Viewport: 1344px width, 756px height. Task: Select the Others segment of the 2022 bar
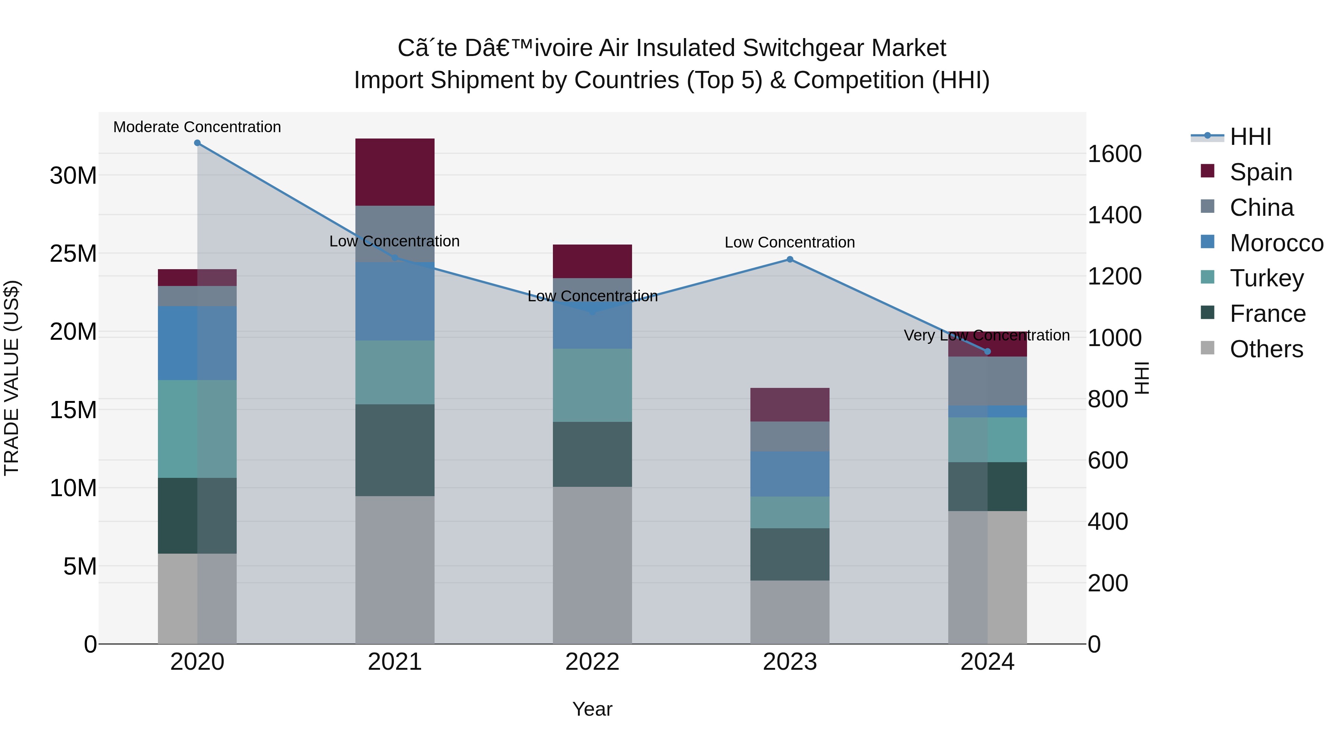coord(592,565)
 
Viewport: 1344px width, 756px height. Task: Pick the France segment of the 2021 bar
coord(395,450)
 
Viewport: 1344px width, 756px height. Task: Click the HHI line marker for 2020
coord(197,143)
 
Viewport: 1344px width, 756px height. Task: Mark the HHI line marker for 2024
coord(987,352)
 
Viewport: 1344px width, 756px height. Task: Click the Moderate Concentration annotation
coord(197,127)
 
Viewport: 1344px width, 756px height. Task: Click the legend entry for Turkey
coord(1266,278)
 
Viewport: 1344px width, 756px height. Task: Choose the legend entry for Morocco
coord(1276,243)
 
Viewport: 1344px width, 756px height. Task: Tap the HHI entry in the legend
coord(1250,137)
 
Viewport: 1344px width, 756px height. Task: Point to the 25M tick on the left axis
coord(73,254)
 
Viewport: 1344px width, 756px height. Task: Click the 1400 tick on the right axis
coord(1114,215)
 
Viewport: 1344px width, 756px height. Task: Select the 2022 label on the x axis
coord(592,662)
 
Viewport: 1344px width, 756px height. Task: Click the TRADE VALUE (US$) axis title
coord(12,378)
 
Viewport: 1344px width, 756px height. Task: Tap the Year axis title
coord(592,709)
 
